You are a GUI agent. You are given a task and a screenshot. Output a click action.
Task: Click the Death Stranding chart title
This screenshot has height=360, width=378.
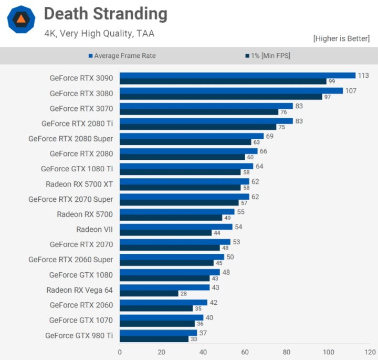tap(106, 14)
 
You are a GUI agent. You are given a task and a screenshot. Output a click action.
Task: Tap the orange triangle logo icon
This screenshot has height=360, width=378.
tap(21, 20)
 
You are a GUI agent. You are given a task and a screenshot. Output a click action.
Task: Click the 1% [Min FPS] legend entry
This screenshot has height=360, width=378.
tap(267, 55)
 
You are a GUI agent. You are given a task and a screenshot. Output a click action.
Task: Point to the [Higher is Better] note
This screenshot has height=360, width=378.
tap(341, 38)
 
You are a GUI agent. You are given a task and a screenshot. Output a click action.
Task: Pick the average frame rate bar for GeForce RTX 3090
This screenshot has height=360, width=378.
tap(237, 75)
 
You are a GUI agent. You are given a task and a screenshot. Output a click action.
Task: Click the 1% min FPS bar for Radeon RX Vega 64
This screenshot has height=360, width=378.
tap(149, 293)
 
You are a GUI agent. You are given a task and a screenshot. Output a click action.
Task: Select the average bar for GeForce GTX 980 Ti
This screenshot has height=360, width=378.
tap(158, 333)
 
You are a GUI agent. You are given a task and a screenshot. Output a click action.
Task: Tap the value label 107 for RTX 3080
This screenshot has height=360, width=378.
tap(350, 90)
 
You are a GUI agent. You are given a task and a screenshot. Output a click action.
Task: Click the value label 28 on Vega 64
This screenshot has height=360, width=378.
tap(184, 294)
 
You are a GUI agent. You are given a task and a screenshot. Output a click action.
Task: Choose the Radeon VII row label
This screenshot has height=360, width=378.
tap(94, 229)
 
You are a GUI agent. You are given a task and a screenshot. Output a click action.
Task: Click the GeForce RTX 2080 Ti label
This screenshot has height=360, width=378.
tap(77, 124)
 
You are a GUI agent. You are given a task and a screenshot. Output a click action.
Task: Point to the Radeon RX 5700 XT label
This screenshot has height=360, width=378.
tap(79, 184)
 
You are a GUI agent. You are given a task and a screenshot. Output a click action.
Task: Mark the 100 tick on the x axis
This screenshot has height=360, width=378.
tap(329, 352)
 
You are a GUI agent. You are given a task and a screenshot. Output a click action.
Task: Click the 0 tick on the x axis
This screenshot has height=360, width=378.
tap(120, 352)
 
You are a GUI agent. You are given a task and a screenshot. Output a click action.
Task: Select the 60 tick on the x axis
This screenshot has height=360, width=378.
tap(245, 352)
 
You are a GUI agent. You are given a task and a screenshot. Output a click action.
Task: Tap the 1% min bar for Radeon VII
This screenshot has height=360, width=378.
tap(165, 233)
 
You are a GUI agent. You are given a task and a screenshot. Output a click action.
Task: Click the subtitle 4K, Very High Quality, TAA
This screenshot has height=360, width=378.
tap(99, 34)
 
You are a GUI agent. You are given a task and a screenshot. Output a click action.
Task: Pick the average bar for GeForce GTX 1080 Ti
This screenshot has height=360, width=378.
tap(186, 166)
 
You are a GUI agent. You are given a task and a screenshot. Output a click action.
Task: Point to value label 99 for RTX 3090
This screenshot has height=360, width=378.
tap(332, 81)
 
